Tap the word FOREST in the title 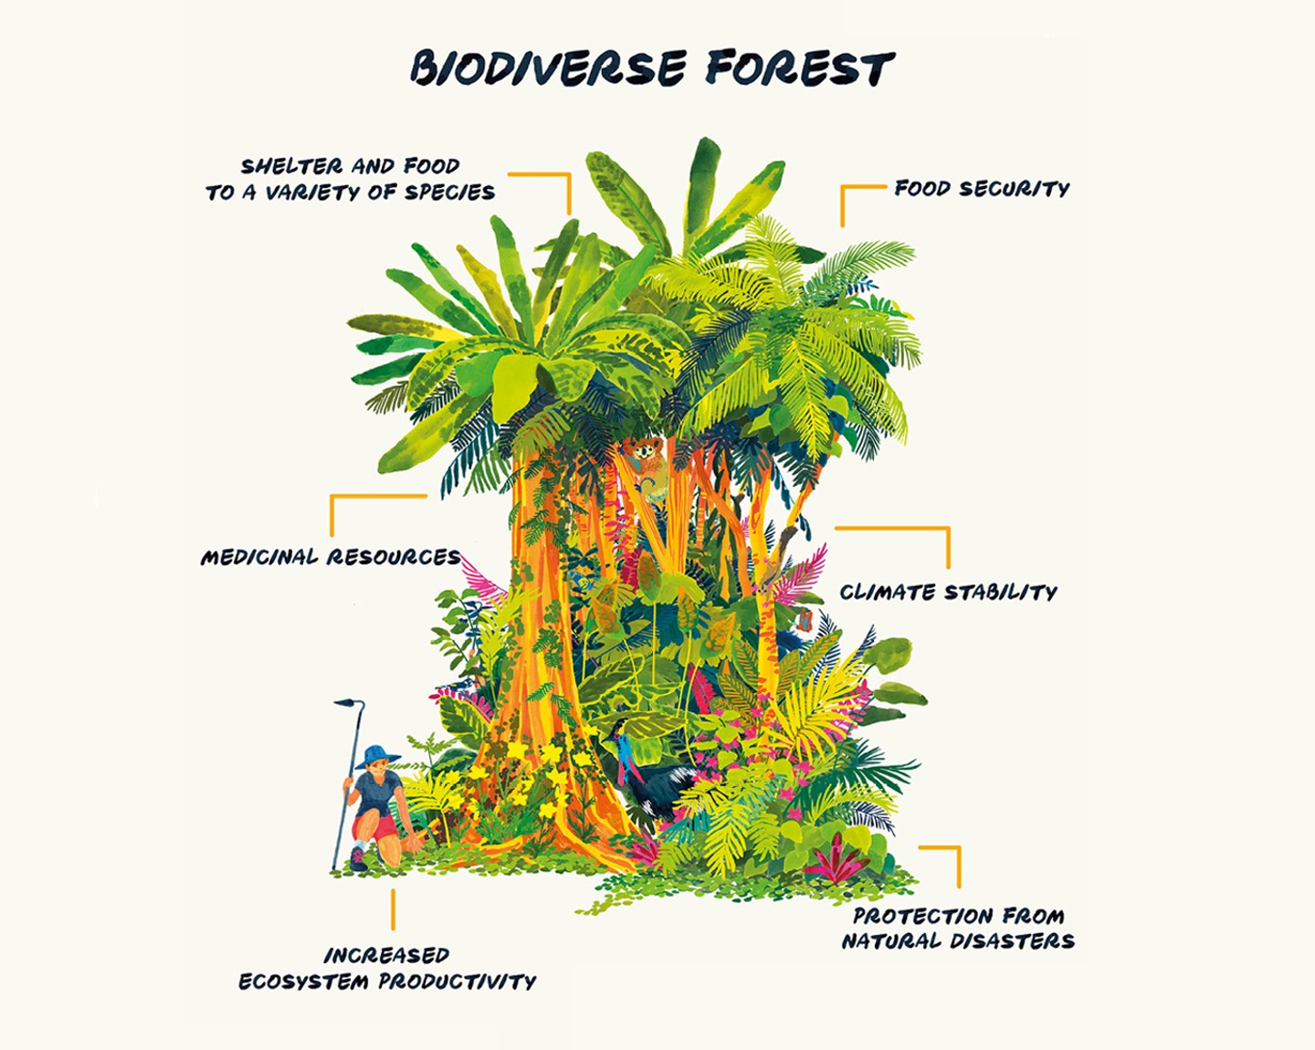click(x=800, y=68)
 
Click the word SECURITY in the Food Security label click(x=1014, y=189)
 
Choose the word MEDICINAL click(x=259, y=557)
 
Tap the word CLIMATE click(x=888, y=593)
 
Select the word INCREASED click(x=386, y=956)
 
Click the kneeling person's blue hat click(x=377, y=757)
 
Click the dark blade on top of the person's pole click(x=347, y=703)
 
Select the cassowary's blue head click(x=623, y=736)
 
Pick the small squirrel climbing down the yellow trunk click(x=805, y=622)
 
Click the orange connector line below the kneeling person click(x=394, y=909)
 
